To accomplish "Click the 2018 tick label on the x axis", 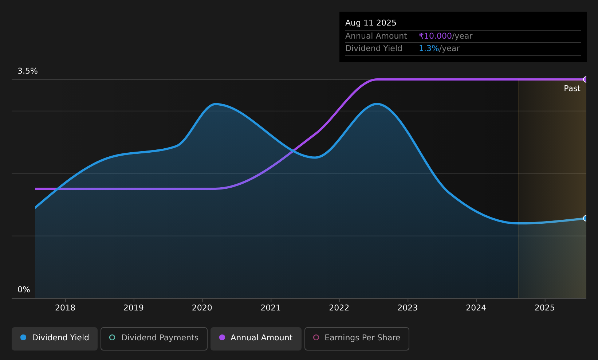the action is coord(65,308).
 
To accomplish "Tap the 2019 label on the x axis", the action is coord(134,308).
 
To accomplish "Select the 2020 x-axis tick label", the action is coord(202,308).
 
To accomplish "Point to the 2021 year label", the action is coord(271,308).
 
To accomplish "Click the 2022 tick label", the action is coord(339,308).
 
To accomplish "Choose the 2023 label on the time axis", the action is coord(408,308).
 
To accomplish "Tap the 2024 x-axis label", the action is coord(476,308).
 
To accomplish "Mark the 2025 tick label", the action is coord(544,308).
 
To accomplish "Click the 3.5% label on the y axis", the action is coord(28,71).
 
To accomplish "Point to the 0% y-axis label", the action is coord(24,290).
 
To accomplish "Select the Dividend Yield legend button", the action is coord(55,339).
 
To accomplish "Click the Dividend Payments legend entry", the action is coord(154,339).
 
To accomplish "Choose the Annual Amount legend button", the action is coord(256,339).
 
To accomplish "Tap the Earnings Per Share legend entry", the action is coord(357,339).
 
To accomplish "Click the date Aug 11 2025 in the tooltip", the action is coord(371,23).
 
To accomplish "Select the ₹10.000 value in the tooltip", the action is coord(435,36).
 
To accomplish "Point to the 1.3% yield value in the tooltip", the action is coord(429,48).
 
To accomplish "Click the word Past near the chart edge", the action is coord(572,89).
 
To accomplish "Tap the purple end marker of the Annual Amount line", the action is coord(585,79).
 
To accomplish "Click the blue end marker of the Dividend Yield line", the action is coord(585,218).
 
